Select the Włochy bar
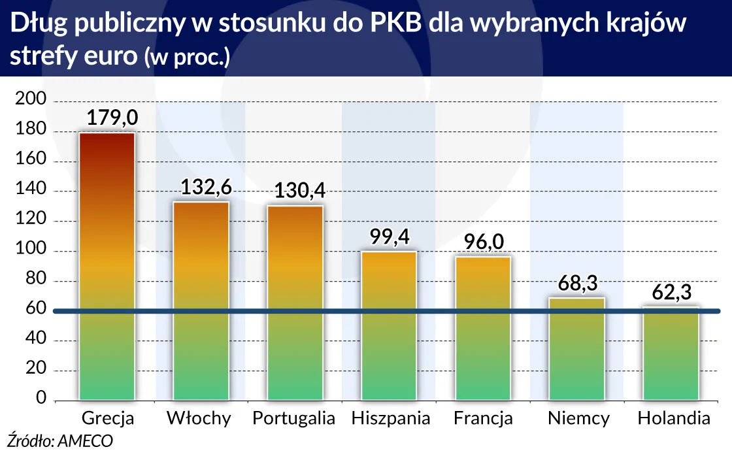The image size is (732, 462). (201, 301)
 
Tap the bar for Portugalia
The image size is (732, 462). (295, 302)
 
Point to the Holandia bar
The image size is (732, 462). (671, 353)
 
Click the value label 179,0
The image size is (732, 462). (112, 118)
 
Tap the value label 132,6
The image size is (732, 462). (206, 188)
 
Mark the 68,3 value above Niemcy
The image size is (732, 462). (578, 284)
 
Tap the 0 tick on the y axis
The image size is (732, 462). (41, 399)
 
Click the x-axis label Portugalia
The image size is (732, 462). (294, 418)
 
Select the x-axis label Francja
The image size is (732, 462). (483, 418)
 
